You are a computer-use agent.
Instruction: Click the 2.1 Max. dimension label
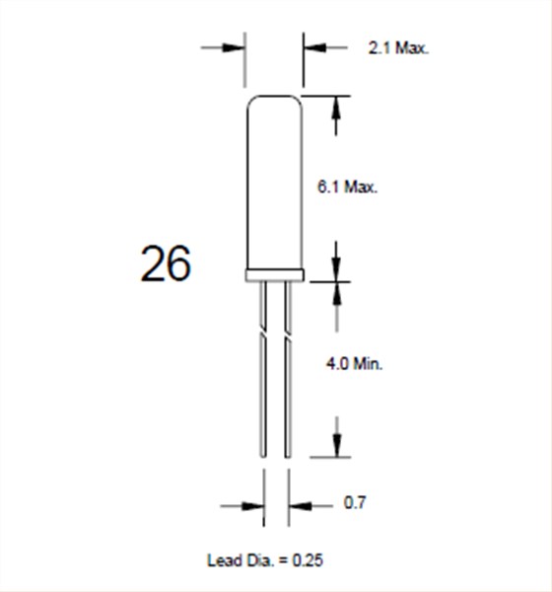pos(399,47)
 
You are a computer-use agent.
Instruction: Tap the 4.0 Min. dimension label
pos(354,364)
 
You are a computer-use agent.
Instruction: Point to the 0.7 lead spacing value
pos(355,504)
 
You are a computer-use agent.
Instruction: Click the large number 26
pos(166,264)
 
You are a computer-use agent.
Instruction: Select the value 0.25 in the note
pos(308,560)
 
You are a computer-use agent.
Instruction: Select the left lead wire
pos(263,395)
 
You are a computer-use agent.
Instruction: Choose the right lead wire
pos(288,395)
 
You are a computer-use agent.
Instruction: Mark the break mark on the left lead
pos(263,332)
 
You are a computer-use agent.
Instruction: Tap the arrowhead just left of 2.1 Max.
pos(314,46)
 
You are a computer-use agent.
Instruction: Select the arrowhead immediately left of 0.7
pos(298,505)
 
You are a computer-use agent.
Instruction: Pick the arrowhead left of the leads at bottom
pos(253,505)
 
